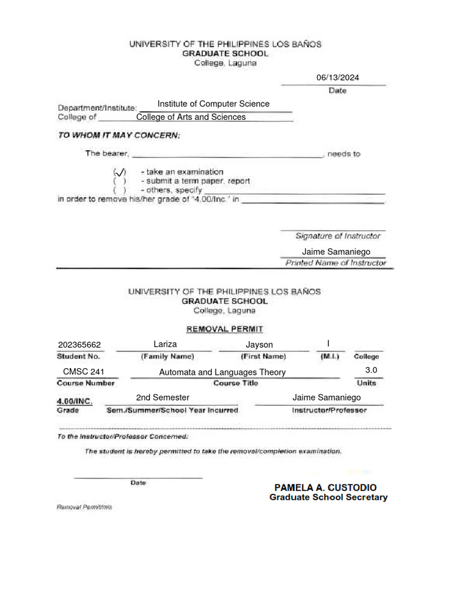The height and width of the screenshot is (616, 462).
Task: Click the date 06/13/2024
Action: (341, 77)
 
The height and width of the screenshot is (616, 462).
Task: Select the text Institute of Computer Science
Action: (213, 104)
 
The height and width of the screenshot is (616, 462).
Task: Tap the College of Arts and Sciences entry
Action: (191, 117)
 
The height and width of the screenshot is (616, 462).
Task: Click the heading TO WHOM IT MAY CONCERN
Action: (119, 135)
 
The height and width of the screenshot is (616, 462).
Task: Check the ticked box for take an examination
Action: (120, 171)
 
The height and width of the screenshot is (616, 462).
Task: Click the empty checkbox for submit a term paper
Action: (120, 180)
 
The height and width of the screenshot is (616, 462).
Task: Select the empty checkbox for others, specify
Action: (120, 190)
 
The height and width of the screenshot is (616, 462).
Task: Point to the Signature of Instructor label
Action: (337, 236)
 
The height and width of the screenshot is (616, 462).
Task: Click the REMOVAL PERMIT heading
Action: (224, 329)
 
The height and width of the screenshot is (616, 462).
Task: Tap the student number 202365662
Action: (79, 345)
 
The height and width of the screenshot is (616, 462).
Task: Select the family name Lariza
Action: (165, 344)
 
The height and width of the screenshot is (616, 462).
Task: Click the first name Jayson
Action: (259, 345)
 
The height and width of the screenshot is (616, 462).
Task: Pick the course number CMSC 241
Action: (84, 372)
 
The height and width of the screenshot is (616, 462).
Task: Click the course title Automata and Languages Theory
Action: (222, 372)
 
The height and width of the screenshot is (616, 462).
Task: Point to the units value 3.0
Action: (371, 370)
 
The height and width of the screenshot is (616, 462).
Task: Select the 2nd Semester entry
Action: (162, 398)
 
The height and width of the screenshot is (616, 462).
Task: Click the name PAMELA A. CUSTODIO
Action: (325, 487)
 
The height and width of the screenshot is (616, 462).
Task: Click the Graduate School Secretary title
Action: (328, 497)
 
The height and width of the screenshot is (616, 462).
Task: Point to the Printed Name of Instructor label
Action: (336, 263)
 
